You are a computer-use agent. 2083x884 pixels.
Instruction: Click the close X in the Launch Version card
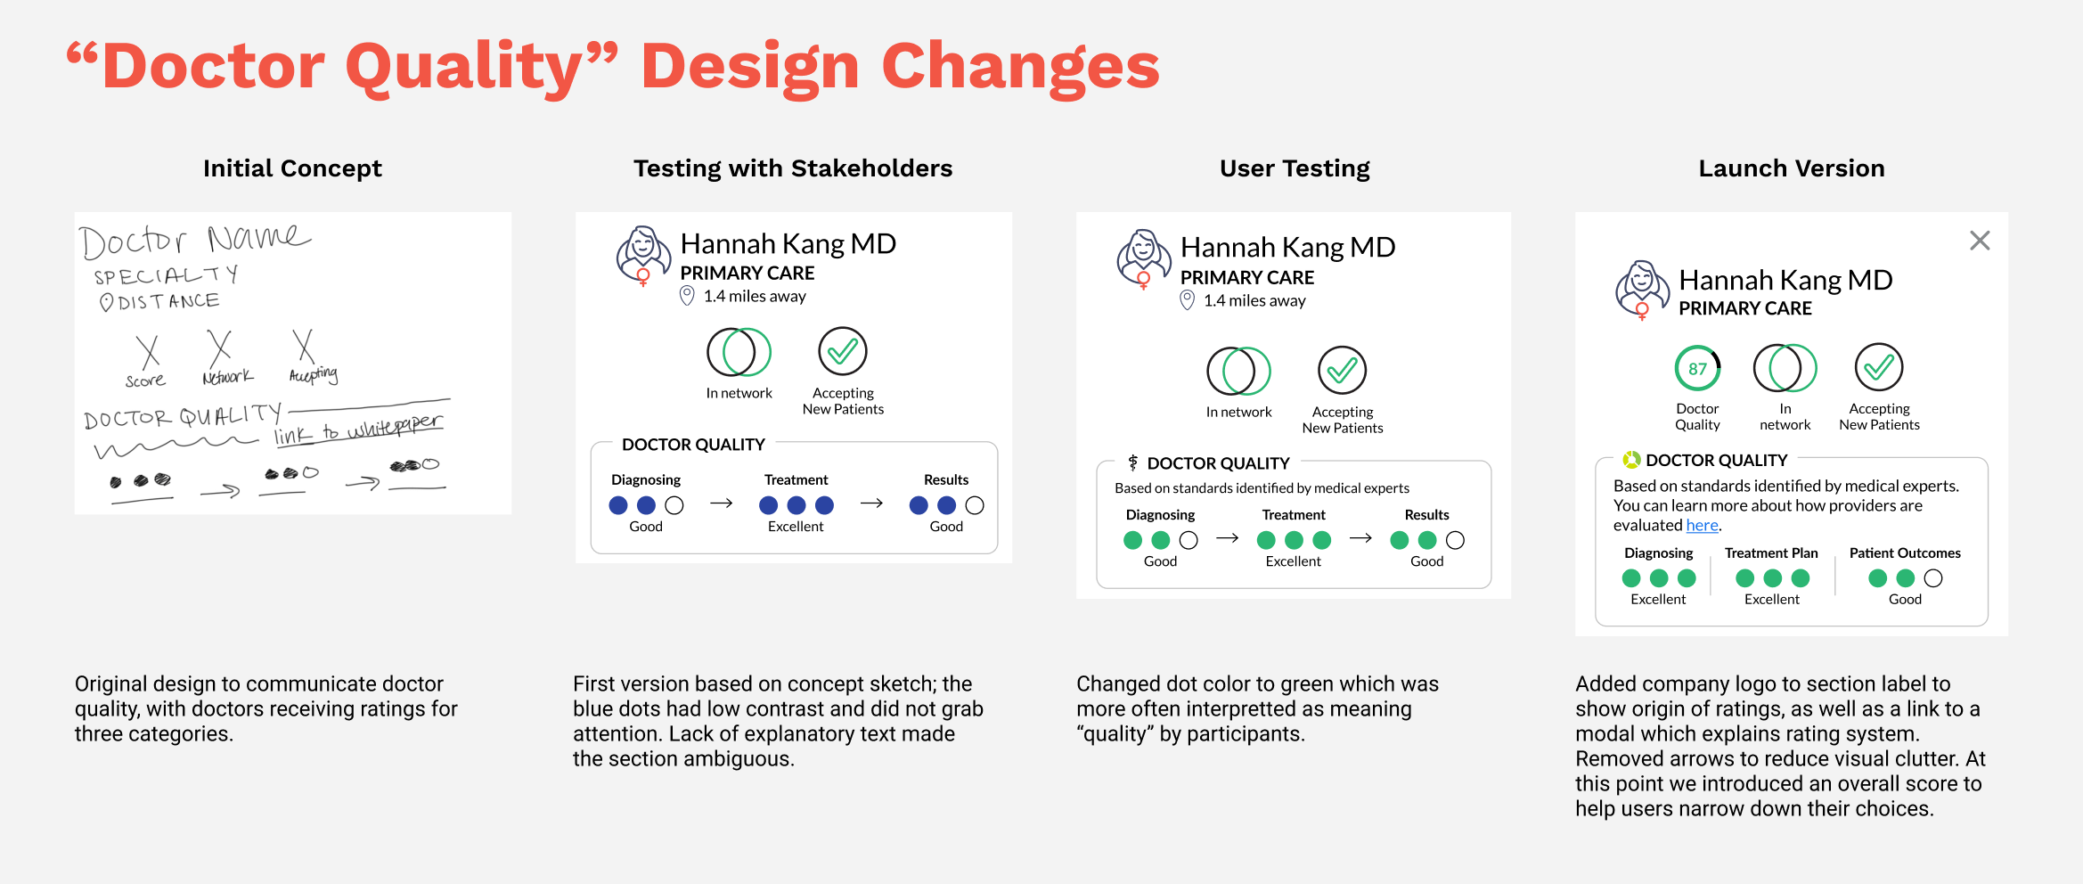pos(1980,241)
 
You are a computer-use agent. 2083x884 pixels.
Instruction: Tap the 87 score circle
pos(1697,368)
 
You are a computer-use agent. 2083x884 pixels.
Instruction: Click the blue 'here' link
pos(1702,526)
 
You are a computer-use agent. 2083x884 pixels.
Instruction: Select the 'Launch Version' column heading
pos(1791,168)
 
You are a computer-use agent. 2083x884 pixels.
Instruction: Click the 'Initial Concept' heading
pos(292,168)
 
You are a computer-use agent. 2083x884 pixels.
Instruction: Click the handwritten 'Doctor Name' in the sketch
pos(194,240)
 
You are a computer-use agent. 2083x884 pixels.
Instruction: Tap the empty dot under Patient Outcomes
pos(1933,578)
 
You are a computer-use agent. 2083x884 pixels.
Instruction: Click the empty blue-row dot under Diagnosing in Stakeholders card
pos(674,505)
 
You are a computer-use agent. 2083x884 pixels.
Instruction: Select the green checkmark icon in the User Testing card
pos(1342,370)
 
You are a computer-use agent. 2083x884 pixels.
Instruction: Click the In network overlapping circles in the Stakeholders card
pos(739,352)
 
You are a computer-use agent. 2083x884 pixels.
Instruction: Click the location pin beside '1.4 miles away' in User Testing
pos(1187,300)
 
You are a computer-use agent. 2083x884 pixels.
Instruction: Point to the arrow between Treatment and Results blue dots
pos(871,503)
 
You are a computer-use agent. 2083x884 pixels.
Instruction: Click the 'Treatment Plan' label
pos(1771,553)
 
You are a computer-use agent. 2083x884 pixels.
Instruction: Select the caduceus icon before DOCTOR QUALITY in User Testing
pos(1132,462)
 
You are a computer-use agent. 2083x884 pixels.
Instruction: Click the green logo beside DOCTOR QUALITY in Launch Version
pos(1631,460)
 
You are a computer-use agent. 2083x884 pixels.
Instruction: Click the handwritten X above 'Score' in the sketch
pos(148,351)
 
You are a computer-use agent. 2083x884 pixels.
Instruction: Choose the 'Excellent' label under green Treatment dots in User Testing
pos(1293,561)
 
